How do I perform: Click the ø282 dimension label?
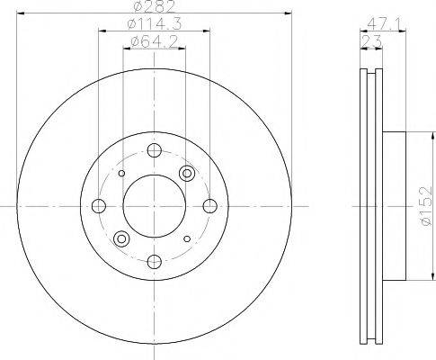[154, 6]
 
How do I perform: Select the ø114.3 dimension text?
[154, 24]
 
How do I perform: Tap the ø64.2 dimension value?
[154, 41]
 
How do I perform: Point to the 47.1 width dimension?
[383, 24]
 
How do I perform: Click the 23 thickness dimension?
[371, 41]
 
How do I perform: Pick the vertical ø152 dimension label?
[426, 206]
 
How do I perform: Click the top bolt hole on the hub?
[155, 150]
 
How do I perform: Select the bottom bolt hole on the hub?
[155, 262]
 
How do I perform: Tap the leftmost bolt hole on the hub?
[99, 206]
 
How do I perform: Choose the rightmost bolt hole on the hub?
[210, 206]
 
